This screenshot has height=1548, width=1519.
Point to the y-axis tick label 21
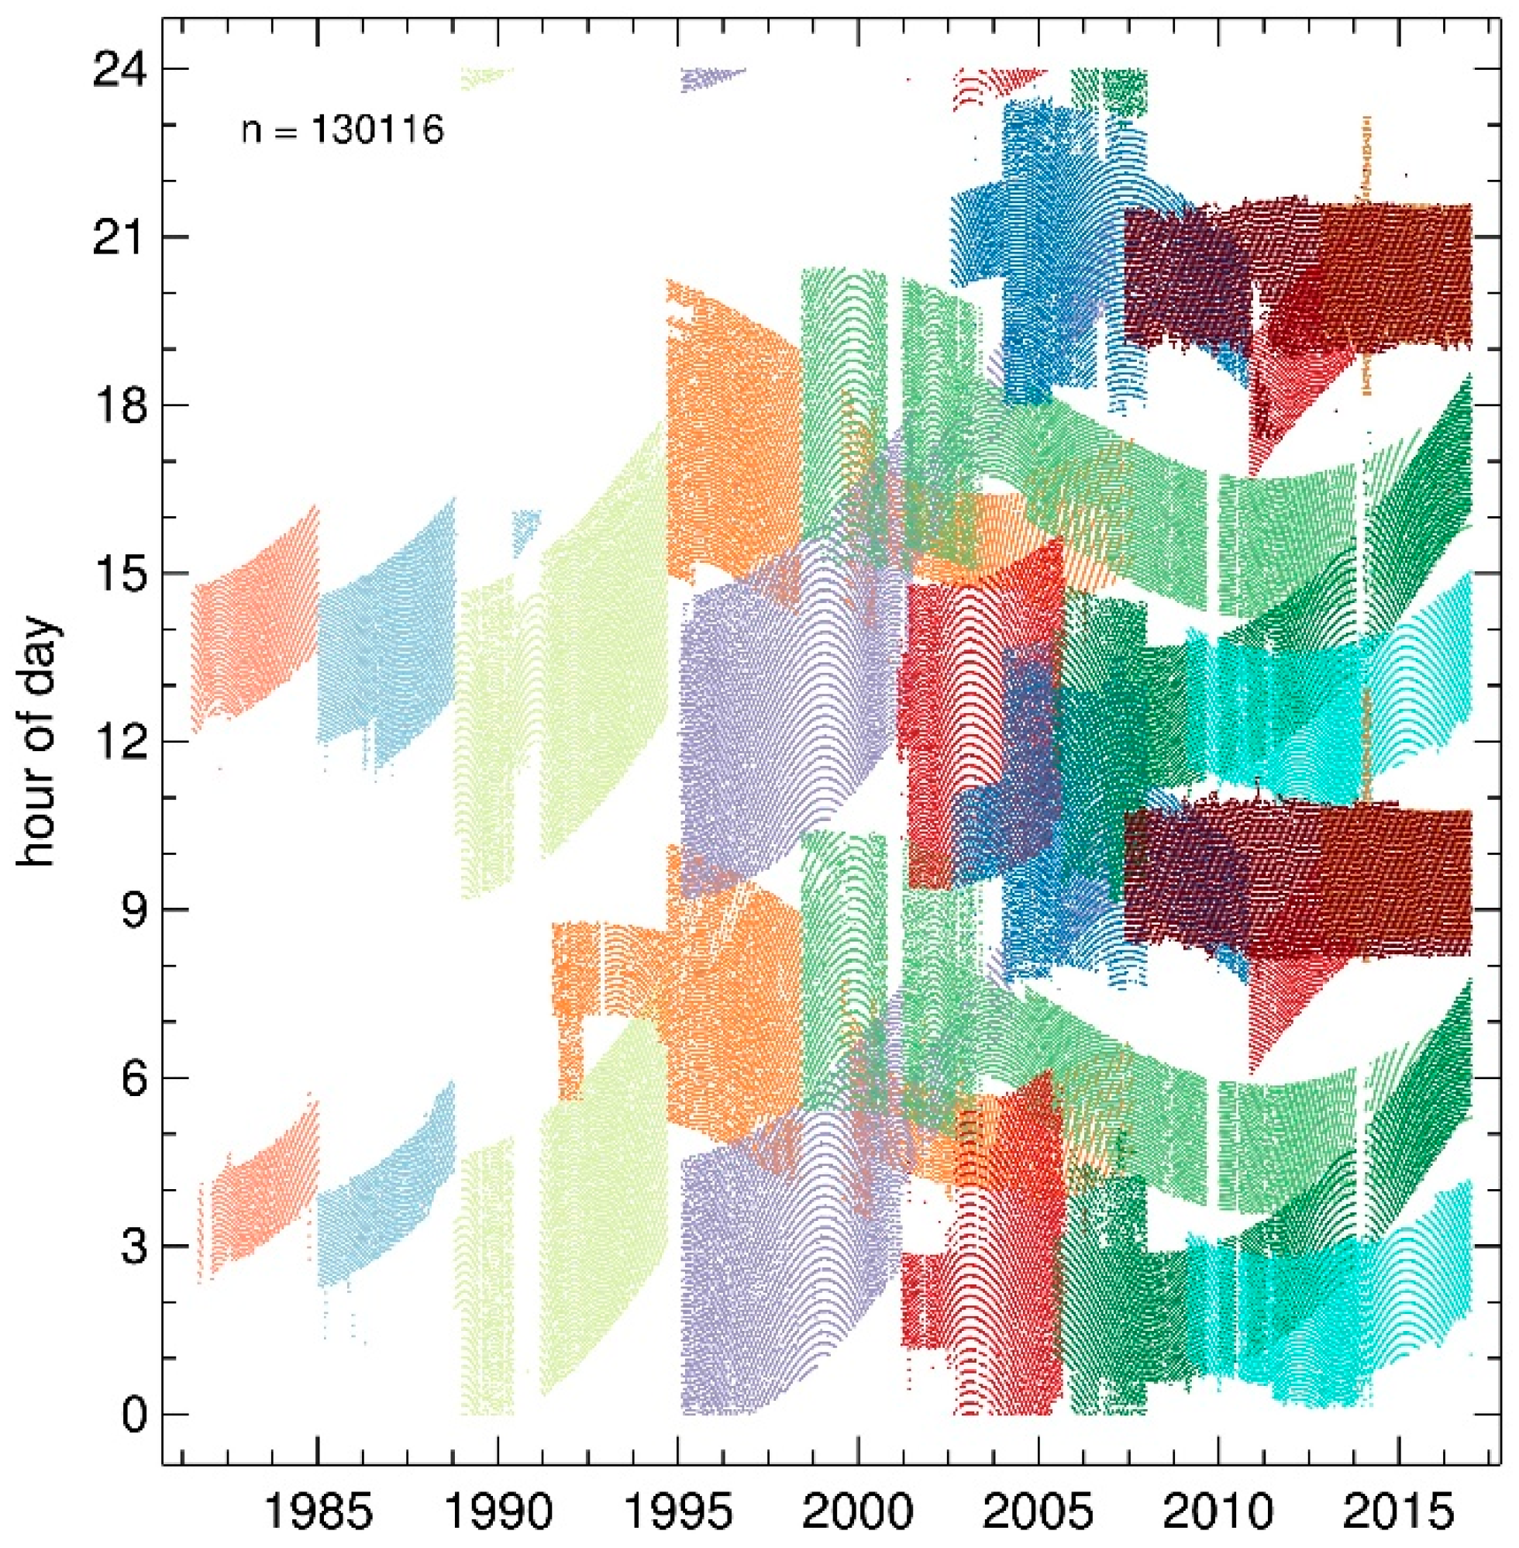(116, 238)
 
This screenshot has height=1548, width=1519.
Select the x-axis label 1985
(318, 1508)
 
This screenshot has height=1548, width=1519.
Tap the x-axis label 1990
(498, 1508)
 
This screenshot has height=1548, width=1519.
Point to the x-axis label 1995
(679, 1508)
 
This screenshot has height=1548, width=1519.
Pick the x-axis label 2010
(1219, 1508)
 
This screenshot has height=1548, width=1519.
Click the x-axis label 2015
(1400, 1508)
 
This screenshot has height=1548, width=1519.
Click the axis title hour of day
(38, 742)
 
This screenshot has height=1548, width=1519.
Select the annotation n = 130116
(343, 130)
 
